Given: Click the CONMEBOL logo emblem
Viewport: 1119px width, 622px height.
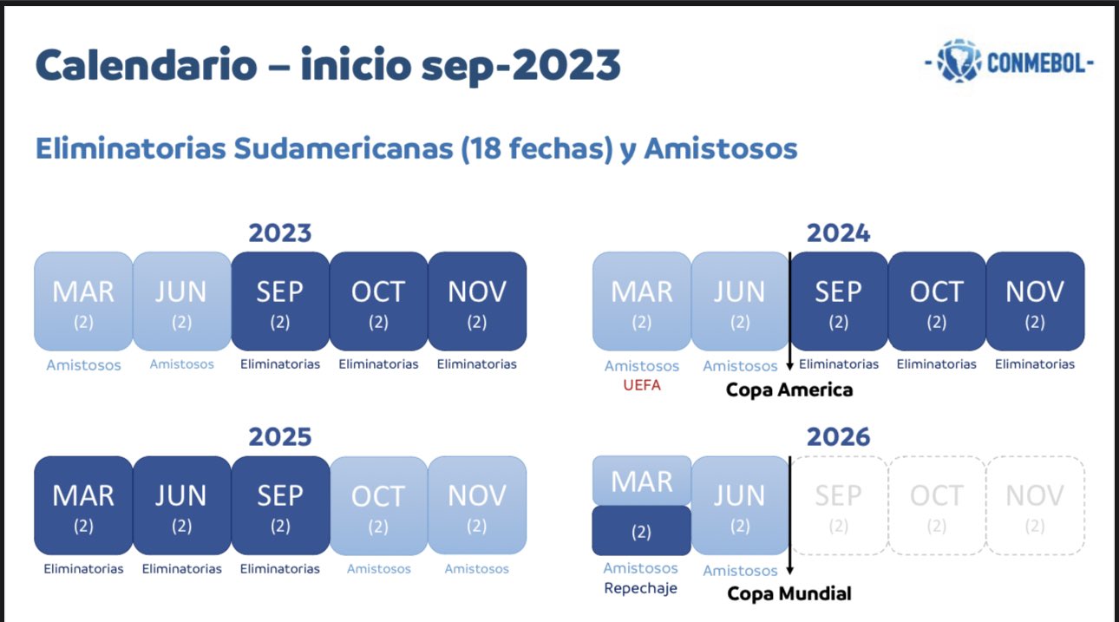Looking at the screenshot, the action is [x=959, y=61].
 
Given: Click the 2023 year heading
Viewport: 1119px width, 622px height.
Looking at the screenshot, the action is [x=279, y=233].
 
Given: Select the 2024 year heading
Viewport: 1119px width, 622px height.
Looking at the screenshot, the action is [x=838, y=233].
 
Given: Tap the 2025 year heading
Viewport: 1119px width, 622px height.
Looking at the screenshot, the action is [x=279, y=437].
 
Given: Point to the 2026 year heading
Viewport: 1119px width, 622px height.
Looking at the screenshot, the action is [x=838, y=437].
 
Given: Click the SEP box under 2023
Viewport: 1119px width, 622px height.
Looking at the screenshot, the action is [x=280, y=301].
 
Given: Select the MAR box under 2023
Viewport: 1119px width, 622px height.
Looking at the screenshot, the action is [x=83, y=301].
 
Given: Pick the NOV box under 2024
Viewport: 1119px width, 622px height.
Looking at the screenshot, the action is [x=1035, y=301].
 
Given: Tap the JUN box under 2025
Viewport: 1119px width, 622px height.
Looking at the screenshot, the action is [x=182, y=505].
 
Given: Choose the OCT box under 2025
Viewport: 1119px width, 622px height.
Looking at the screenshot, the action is [x=379, y=505].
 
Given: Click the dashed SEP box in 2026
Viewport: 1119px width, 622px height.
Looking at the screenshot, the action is [x=839, y=505].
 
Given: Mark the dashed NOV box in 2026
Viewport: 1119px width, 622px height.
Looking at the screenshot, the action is [x=1036, y=505].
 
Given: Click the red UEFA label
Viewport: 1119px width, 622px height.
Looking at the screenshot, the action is [x=642, y=385].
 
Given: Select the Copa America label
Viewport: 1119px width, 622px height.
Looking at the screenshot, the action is [x=789, y=390].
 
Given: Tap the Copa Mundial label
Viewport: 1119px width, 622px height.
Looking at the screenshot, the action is [x=789, y=593].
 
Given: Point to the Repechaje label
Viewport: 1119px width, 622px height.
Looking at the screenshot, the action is [x=640, y=588].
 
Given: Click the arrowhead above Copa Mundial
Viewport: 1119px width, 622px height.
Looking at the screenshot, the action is [x=789, y=571].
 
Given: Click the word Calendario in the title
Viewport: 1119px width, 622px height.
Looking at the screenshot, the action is [x=147, y=64].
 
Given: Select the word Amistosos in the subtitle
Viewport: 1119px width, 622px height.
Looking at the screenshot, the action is [x=720, y=148].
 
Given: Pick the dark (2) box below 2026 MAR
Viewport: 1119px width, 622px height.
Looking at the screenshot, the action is [x=641, y=531].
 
